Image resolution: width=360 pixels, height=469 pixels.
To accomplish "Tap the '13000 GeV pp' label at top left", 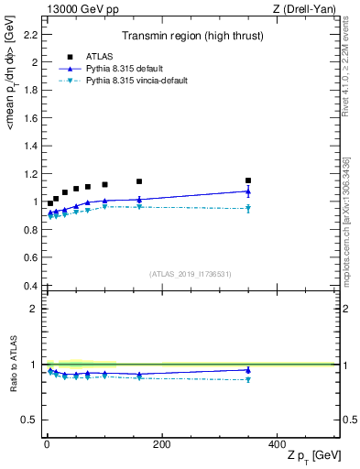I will click(x=76, y=8).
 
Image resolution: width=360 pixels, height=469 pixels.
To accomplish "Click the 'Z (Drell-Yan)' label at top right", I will click(x=306, y=8).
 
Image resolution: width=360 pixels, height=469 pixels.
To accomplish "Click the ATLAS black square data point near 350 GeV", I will click(x=247, y=180).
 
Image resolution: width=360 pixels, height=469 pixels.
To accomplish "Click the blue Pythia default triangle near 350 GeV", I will click(x=247, y=191).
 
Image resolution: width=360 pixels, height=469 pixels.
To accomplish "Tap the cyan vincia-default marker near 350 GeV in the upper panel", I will click(x=247, y=209).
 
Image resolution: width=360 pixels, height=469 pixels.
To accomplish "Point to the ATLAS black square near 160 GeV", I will click(x=139, y=181).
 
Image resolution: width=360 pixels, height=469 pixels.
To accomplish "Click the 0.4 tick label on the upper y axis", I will click(x=32, y=286).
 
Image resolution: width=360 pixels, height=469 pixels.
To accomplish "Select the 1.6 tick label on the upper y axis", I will click(x=32, y=118).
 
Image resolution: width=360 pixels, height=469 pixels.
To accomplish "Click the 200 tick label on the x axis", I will click(x=161, y=443).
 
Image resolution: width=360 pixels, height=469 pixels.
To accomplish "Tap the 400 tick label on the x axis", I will click(x=276, y=443).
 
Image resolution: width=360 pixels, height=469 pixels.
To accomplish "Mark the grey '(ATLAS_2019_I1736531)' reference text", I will click(x=190, y=273).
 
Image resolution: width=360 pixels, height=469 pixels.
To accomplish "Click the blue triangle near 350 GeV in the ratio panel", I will click(x=247, y=370).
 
